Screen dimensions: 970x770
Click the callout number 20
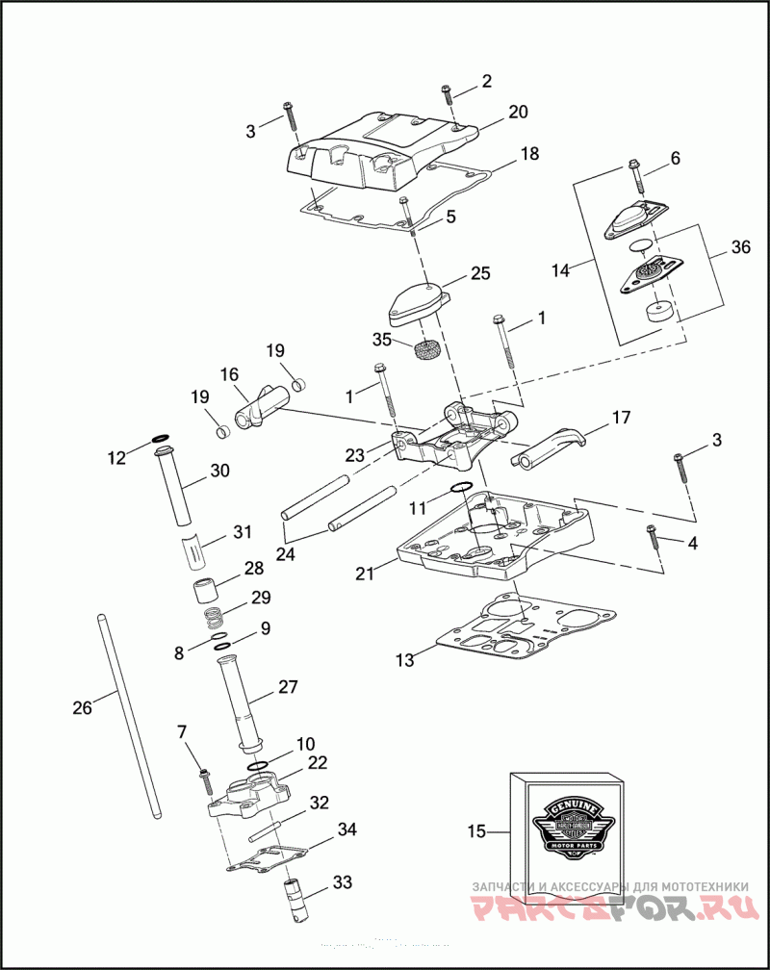pyautogui.click(x=518, y=113)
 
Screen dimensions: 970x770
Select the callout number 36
pyautogui.click(x=740, y=247)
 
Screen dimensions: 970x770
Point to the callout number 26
pyautogui.click(x=83, y=708)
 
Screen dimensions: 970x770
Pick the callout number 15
pyautogui.click(x=477, y=830)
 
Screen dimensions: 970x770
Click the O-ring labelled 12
pyautogui.click(x=161, y=446)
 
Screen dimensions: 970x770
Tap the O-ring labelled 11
pyautogui.click(x=461, y=486)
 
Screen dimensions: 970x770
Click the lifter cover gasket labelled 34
pyautogui.click(x=269, y=858)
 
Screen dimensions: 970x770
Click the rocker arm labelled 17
pyautogui.click(x=552, y=448)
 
